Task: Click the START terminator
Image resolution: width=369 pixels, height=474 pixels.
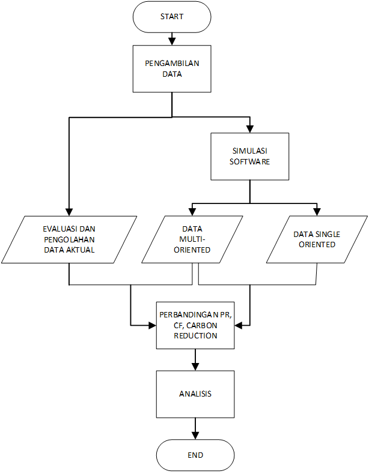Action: click(x=172, y=17)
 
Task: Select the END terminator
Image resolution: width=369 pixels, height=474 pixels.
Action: click(x=195, y=455)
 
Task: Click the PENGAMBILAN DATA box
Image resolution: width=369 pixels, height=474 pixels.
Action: click(x=172, y=69)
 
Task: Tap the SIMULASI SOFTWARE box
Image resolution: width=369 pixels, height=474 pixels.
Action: click(x=250, y=157)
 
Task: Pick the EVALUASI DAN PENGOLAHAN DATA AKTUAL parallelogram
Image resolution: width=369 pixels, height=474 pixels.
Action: click(x=69, y=239)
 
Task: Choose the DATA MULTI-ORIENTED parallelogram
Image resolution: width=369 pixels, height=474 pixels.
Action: click(x=192, y=239)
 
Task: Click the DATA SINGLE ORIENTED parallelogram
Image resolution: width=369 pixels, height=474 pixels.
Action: click(x=317, y=239)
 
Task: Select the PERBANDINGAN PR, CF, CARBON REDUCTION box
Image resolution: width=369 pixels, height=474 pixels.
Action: click(x=195, y=325)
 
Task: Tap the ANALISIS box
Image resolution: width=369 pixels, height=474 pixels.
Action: click(x=195, y=394)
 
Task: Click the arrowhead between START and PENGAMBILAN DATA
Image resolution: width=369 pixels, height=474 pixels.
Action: click(x=172, y=42)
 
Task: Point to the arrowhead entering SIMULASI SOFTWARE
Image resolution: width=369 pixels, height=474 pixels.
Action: click(x=250, y=130)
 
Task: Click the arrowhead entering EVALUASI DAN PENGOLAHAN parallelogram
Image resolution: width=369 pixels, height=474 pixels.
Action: click(x=69, y=212)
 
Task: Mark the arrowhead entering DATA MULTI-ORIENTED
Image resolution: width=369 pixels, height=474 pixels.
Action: click(x=192, y=212)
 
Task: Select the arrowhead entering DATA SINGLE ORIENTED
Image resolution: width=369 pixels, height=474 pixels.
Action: click(x=317, y=212)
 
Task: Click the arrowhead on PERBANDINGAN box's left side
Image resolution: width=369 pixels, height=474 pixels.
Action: click(x=153, y=326)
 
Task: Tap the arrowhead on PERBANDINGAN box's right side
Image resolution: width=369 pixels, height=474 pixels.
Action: click(x=239, y=326)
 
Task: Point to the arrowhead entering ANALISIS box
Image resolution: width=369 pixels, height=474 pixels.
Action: click(x=195, y=367)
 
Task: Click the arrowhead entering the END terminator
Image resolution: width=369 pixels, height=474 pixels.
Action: click(x=195, y=436)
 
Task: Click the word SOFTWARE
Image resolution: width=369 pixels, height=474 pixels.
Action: click(x=250, y=162)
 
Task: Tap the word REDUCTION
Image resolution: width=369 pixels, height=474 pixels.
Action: click(x=195, y=336)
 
